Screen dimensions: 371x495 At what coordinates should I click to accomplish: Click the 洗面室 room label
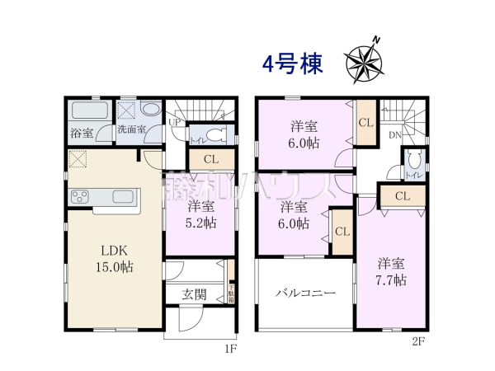tap(130, 129)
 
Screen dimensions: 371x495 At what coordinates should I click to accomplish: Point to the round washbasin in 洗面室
tap(152, 110)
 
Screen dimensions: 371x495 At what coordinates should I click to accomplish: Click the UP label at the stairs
tap(174, 123)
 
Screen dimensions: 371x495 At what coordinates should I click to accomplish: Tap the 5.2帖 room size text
tap(201, 222)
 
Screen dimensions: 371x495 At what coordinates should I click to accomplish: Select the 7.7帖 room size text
tap(392, 279)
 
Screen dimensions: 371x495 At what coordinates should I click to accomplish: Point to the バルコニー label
tap(305, 293)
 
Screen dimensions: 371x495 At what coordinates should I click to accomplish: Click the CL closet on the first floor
tap(210, 159)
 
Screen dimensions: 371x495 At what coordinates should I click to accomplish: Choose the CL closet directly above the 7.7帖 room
tap(402, 196)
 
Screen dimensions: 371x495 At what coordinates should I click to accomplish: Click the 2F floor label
tap(418, 340)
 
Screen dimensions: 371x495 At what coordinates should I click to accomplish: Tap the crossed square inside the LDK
tap(78, 159)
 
